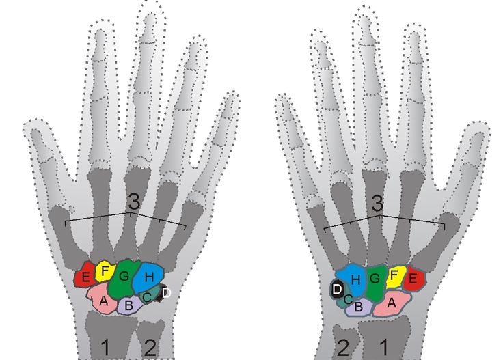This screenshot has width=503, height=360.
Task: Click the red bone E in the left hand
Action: click(85, 275)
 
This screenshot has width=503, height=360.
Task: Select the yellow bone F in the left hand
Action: click(105, 271)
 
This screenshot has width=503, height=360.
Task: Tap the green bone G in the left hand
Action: click(124, 277)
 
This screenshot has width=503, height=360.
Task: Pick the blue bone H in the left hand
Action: click(148, 277)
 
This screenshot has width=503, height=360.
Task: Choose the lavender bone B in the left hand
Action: click(129, 305)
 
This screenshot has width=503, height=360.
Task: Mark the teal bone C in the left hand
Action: click(148, 294)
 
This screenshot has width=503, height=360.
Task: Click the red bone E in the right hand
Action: click(414, 278)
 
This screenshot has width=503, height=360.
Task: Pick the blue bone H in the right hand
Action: click(351, 279)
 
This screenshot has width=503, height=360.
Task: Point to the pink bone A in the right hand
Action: click(392, 303)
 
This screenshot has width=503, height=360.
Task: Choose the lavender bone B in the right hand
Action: click(359, 307)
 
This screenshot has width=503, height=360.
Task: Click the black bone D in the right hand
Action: click(338, 289)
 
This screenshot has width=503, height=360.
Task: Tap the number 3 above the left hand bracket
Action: click(134, 202)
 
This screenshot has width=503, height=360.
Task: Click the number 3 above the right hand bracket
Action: click(377, 203)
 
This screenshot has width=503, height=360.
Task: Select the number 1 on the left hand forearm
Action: click(105, 348)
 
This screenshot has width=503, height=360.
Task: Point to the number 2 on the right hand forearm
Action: click(343, 348)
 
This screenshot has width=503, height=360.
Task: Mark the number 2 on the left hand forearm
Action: click(150, 348)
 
